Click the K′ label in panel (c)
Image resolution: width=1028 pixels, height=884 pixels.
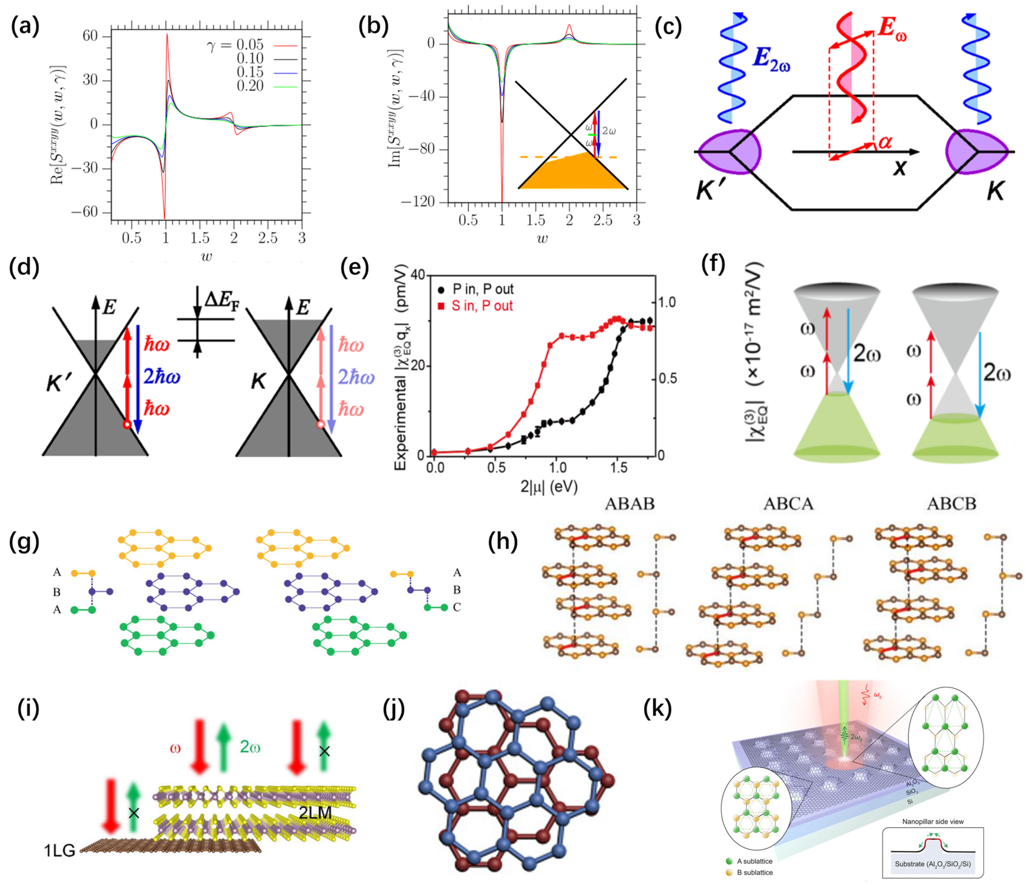click(x=711, y=190)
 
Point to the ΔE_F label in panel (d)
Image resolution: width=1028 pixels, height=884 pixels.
click(x=221, y=299)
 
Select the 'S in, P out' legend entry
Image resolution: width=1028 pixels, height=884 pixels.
click(x=481, y=306)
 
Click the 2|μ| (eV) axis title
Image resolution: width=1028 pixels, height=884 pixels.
click(x=549, y=486)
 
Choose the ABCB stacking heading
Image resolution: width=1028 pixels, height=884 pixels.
click(x=952, y=504)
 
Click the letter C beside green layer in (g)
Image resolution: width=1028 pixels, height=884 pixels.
click(x=456, y=607)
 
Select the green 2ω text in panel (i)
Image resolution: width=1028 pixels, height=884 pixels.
click(x=250, y=747)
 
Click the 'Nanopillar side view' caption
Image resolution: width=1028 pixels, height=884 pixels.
click(x=933, y=821)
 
